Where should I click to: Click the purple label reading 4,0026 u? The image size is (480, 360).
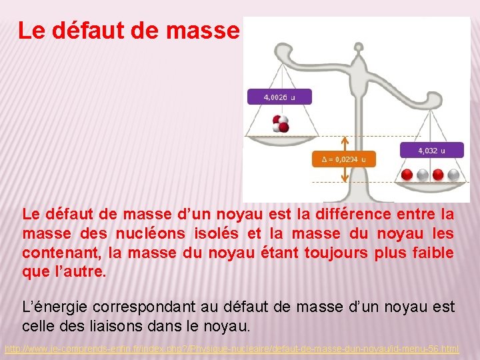point(279,97)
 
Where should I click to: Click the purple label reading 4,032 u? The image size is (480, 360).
point(431,151)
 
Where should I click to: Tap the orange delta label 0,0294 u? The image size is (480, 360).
point(343,159)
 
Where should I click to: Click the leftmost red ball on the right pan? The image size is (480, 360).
point(407,175)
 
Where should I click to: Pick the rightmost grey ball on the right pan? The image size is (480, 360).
point(454,175)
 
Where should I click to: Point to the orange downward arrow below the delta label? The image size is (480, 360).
point(345,174)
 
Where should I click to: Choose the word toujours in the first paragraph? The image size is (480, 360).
point(363,253)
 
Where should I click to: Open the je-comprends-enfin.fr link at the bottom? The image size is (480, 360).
point(231,349)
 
